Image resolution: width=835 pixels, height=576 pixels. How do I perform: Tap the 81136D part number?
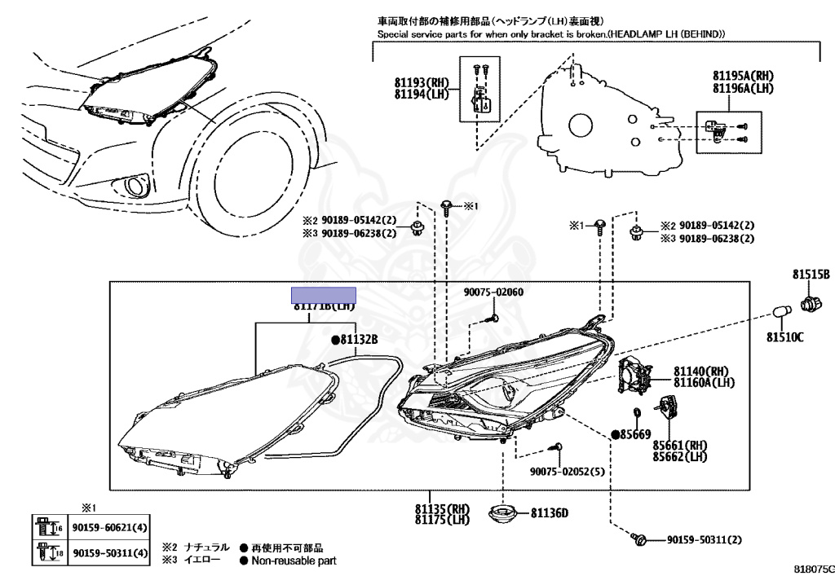tap(549, 513)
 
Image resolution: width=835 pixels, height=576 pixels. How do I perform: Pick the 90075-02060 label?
tap(493, 292)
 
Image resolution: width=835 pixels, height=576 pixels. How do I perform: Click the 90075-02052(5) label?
tap(567, 472)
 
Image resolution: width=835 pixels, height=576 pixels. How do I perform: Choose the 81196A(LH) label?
tap(742, 87)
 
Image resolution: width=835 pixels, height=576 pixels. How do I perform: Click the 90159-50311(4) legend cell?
tap(111, 554)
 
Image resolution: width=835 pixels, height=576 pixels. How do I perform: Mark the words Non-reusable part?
tap(293, 561)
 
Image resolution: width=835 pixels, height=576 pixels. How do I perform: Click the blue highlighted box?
tap(325, 295)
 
